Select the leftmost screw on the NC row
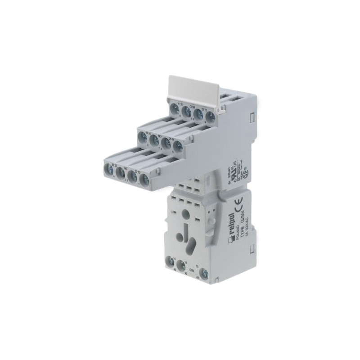pos(108,170)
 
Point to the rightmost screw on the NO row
pos(177,146)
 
